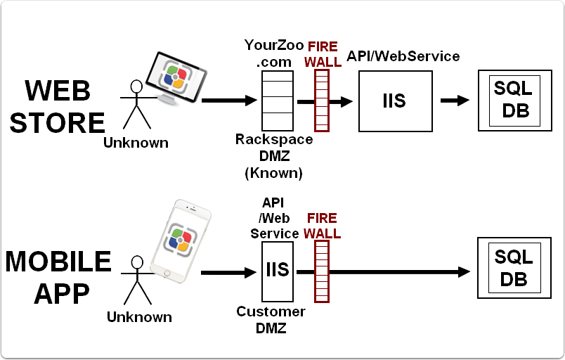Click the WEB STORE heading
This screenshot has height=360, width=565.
58,107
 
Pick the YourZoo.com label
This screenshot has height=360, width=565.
274,53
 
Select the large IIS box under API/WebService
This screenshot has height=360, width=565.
394,101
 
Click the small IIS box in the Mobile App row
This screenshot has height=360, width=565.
278,271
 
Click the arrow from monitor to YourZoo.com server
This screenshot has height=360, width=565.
229,101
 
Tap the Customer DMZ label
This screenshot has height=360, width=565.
271,319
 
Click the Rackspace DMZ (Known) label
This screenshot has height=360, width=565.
273,155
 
